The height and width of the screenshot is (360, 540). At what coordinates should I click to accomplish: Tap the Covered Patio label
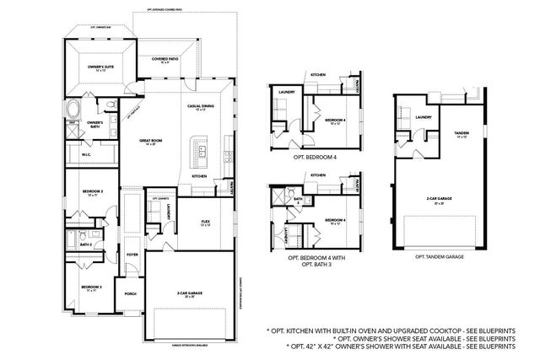coord(165,61)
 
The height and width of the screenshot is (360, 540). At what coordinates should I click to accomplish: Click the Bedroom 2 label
coord(92,193)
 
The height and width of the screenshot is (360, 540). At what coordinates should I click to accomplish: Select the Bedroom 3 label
coord(91,287)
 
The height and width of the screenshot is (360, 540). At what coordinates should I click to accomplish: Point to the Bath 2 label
coord(86,244)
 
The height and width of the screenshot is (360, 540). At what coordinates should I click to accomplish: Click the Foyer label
coord(132,254)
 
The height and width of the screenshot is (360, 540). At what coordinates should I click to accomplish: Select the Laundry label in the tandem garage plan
coord(424,118)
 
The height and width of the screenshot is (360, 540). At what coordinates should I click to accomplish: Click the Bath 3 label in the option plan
coord(298,200)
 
